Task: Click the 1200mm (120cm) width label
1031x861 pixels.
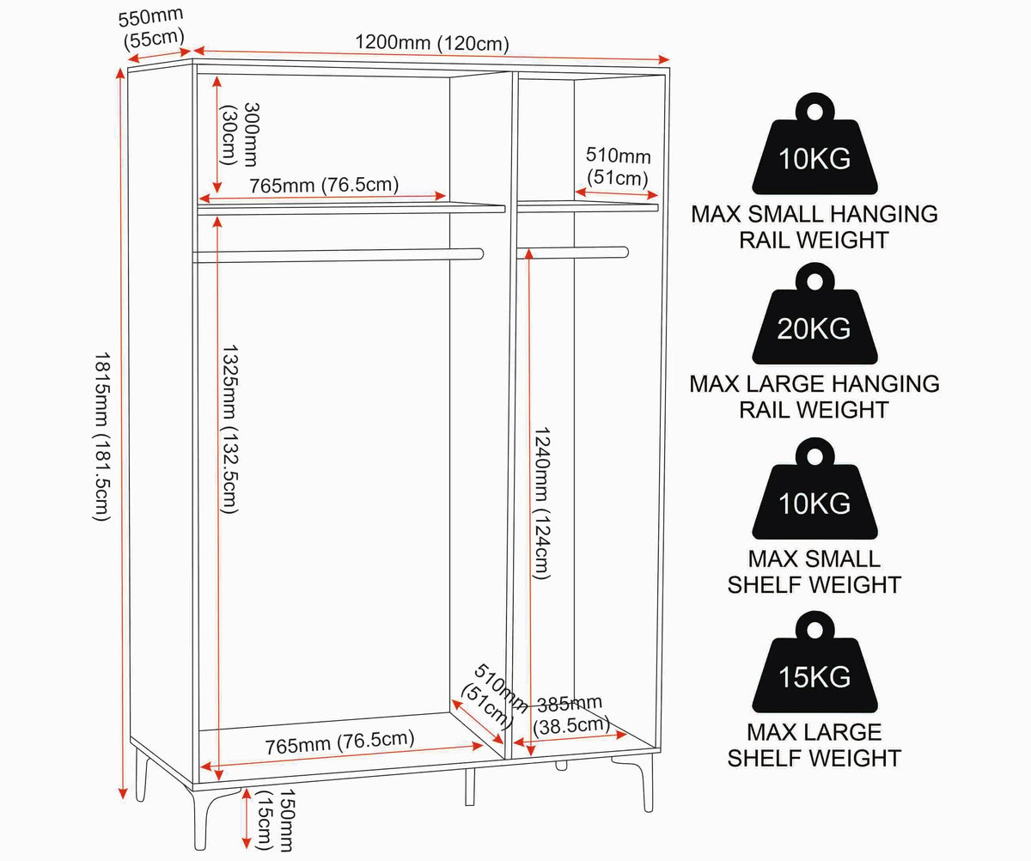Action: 432,43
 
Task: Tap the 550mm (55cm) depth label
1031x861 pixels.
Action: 152,28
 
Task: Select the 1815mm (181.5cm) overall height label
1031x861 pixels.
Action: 101,437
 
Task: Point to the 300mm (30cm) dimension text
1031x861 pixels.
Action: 240,134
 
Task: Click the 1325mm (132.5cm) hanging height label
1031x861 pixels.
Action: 229,430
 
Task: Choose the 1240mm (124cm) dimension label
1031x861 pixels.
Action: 541,503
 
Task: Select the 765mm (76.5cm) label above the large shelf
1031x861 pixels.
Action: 324,186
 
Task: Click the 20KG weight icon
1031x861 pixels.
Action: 814,314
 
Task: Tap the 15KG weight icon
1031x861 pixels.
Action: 814,663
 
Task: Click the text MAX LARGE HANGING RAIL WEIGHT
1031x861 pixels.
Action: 814,397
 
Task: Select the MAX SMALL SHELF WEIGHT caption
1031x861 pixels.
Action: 814,572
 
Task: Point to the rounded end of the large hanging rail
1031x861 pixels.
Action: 479,254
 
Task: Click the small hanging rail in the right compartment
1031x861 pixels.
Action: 573,253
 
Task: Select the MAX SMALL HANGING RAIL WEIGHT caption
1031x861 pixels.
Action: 814,227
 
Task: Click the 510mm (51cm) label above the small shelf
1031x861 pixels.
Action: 618,167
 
